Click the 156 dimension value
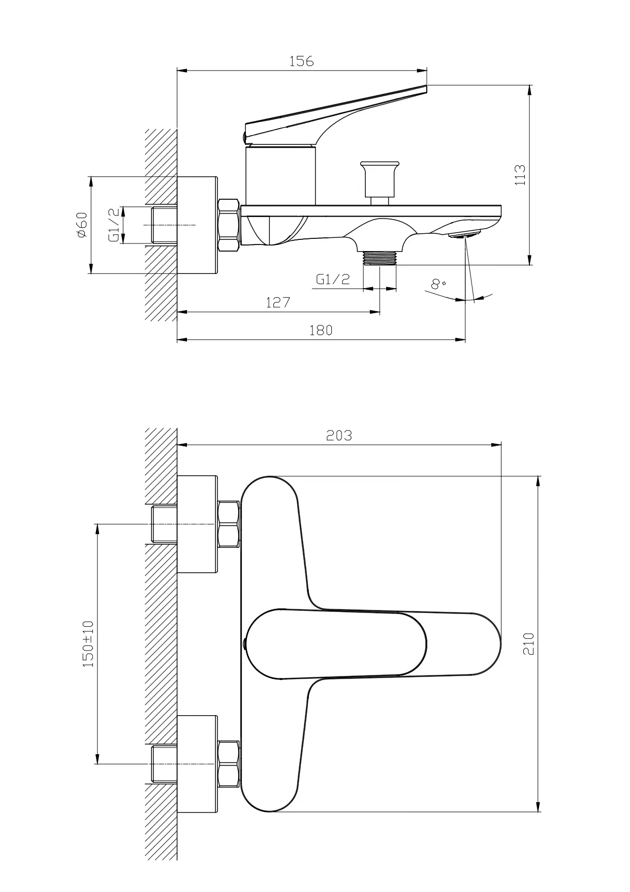click(x=302, y=61)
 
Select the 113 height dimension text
click(x=520, y=175)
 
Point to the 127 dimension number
click(x=278, y=302)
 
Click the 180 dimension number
click(x=321, y=330)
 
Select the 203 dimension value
click(x=339, y=436)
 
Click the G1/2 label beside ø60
click(x=116, y=224)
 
